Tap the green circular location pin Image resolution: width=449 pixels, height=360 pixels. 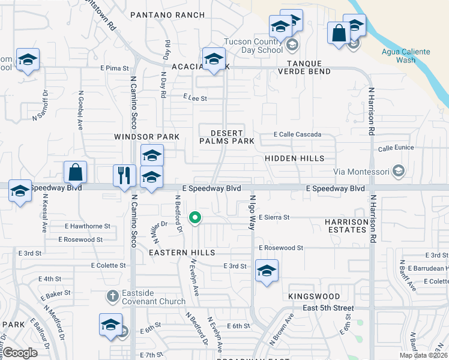click(195, 218)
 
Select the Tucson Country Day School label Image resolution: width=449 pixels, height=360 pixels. click(253, 46)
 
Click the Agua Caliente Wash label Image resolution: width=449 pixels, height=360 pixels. click(406, 56)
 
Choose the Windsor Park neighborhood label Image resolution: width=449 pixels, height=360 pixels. click(146, 137)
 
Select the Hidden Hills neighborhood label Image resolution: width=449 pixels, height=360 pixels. click(294, 158)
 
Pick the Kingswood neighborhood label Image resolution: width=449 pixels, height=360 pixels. click(313, 296)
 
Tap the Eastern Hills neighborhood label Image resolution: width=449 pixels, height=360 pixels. click(182, 253)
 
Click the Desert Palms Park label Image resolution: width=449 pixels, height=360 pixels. click(227, 137)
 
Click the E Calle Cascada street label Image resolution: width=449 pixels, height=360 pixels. click(297, 134)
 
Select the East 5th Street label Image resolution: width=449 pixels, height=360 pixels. click(328, 308)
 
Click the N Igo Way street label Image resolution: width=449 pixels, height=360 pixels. click(253, 212)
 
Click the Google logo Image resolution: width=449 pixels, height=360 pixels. click(20, 353)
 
